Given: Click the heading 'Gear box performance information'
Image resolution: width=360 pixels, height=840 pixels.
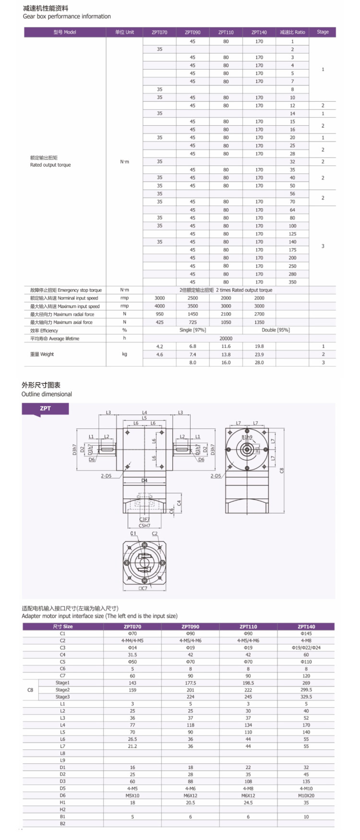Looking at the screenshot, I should click(67, 16).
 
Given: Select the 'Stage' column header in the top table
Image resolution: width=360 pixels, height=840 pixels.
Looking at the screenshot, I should click(323, 32).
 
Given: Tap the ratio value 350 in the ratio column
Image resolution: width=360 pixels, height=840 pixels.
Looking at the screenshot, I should click(292, 282).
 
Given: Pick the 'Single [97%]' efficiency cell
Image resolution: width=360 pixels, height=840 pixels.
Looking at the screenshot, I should click(192, 330).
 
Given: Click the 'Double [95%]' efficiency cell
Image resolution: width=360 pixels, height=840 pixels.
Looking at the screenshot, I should click(276, 330).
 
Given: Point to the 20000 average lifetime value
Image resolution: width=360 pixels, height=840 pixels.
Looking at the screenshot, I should click(226, 338).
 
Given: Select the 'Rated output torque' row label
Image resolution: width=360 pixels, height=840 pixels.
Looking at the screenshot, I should click(50, 165).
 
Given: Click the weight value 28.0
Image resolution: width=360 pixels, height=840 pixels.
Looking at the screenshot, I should click(259, 363).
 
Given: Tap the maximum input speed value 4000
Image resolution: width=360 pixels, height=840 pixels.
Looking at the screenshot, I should click(159, 306).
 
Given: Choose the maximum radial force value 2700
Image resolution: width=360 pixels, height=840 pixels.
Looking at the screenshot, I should click(259, 314).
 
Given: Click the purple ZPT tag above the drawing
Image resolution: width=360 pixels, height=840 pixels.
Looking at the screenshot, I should click(45, 409).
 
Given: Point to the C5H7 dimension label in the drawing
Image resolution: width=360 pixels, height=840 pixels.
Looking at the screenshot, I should click(144, 526).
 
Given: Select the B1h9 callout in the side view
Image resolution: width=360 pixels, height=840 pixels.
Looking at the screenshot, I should click(247, 437).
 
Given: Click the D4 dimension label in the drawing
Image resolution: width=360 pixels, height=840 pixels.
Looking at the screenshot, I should click(144, 480).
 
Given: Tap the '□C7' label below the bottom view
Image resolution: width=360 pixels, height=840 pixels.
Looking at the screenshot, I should click(143, 588).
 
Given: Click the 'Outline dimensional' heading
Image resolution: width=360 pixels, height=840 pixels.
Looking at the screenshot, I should click(47, 394).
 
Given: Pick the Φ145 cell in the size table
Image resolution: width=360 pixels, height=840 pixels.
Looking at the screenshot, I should click(306, 634).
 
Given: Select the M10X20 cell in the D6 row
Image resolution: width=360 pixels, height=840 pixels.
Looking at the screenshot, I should click(306, 795).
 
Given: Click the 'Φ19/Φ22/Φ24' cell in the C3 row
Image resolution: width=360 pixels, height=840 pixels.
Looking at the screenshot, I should click(306, 648).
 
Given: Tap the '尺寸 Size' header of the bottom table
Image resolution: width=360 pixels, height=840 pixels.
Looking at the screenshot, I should click(63, 627).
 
